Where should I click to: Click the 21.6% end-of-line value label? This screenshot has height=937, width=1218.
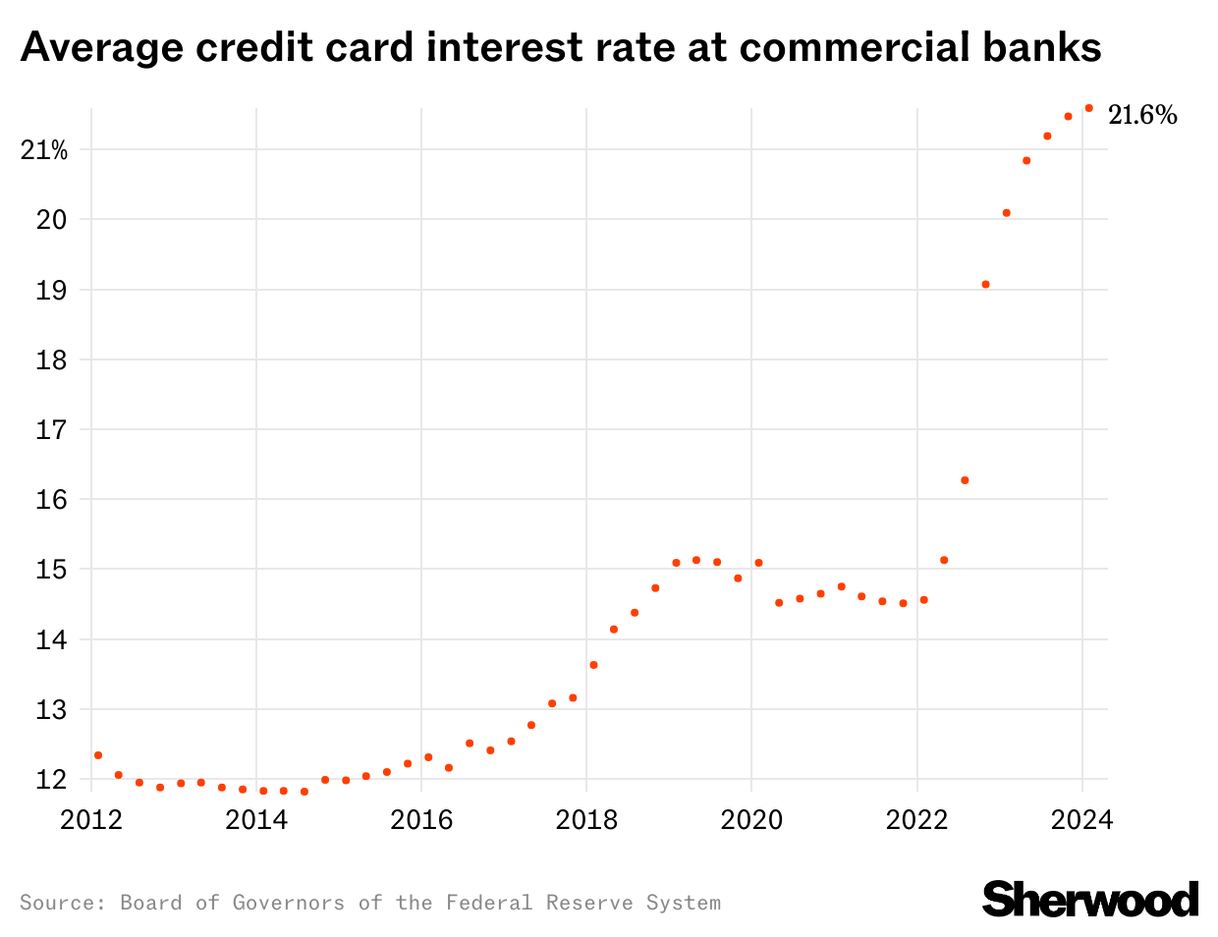tap(1142, 116)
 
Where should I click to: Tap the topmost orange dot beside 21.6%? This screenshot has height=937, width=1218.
tap(1088, 108)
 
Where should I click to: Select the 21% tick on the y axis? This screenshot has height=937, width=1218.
tap(44, 150)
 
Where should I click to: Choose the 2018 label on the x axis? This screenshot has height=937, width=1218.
tap(586, 819)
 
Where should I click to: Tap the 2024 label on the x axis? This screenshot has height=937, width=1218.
tap(1081, 819)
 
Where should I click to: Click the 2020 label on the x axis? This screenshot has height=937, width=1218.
tap(751, 819)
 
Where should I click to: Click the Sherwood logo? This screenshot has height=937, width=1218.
tap(1090, 899)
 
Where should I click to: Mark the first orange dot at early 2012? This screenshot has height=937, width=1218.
tap(98, 755)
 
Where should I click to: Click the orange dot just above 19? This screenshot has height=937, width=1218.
tap(985, 285)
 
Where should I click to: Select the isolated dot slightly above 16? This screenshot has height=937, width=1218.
tap(965, 480)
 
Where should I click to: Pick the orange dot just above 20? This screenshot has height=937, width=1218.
tap(1006, 213)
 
